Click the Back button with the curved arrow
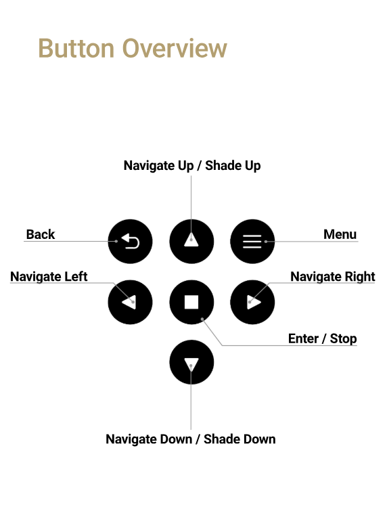coord(130,241)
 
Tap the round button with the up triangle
coord(191,241)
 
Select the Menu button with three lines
coord(252,241)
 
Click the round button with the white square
coord(191,302)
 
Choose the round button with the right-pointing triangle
coord(252,302)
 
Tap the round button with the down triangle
coord(191,362)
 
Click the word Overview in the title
coord(175,49)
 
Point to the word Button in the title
coord(76,49)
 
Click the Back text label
coord(41,234)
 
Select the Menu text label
coord(340,234)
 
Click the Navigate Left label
coord(49,276)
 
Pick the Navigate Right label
coord(333,276)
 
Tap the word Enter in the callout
coord(303,338)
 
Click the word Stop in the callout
coord(343,338)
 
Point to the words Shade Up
coord(233,166)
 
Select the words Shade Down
coord(240,439)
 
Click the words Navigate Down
coord(149,439)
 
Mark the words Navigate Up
coord(158,166)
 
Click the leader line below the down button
coord(191,397)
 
